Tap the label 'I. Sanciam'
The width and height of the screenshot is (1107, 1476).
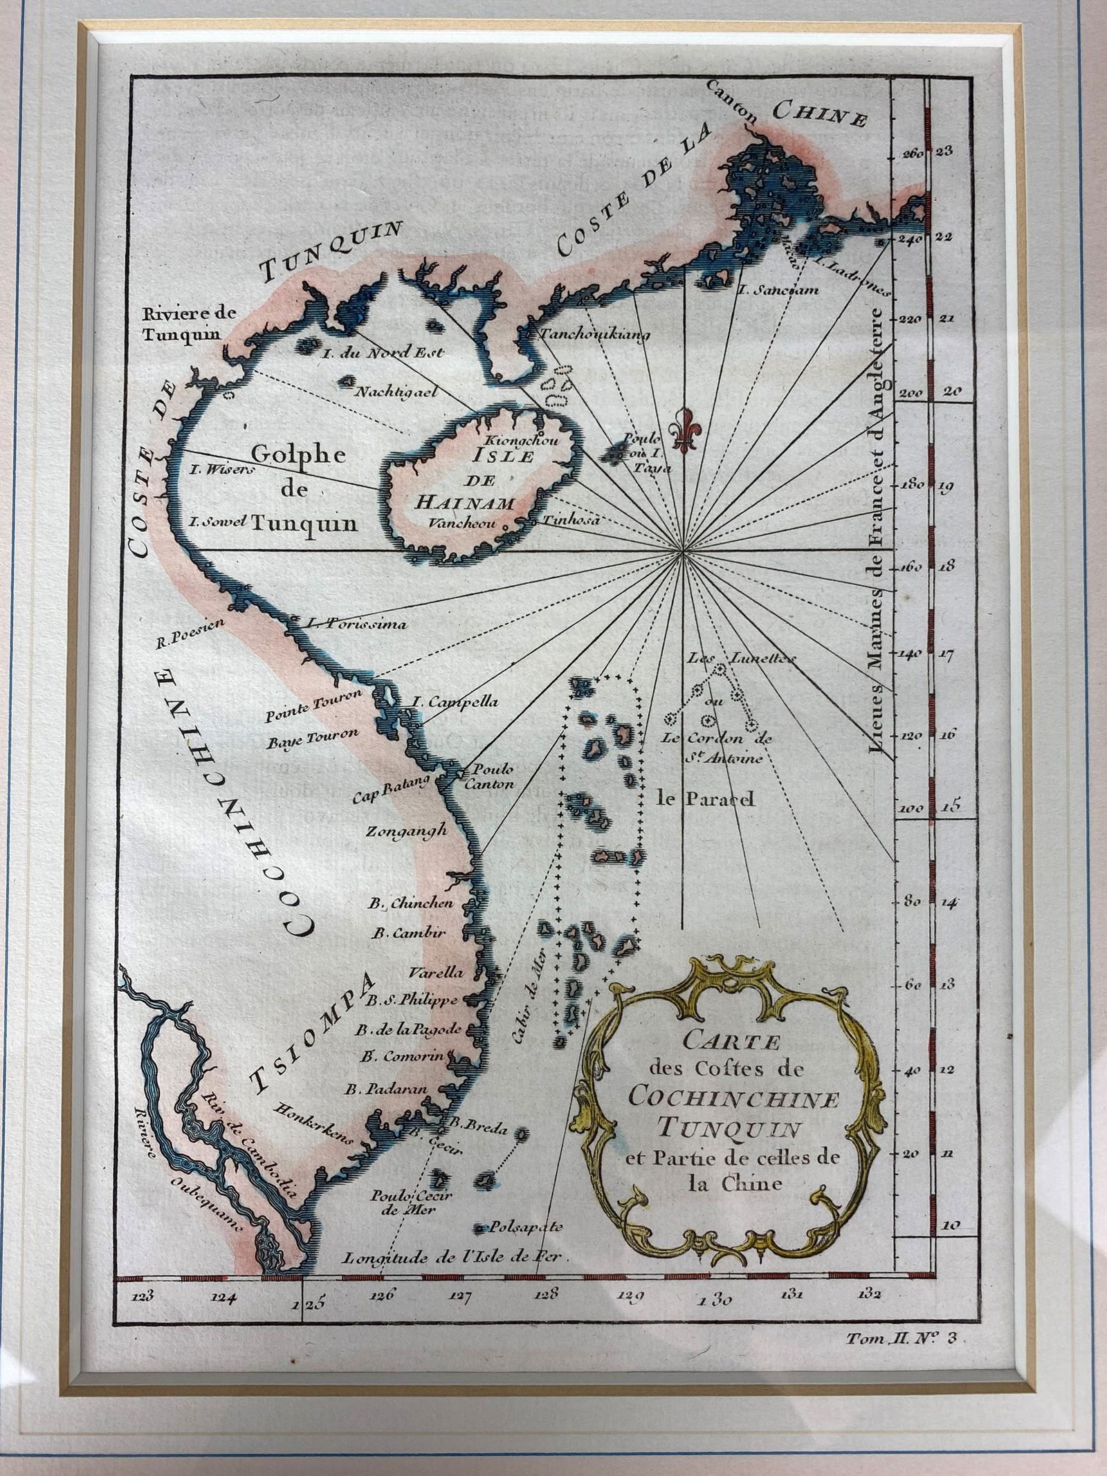tap(778, 290)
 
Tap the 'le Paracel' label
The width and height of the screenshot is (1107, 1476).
tap(706, 800)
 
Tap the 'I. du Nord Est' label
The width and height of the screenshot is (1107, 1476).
tap(383, 353)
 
